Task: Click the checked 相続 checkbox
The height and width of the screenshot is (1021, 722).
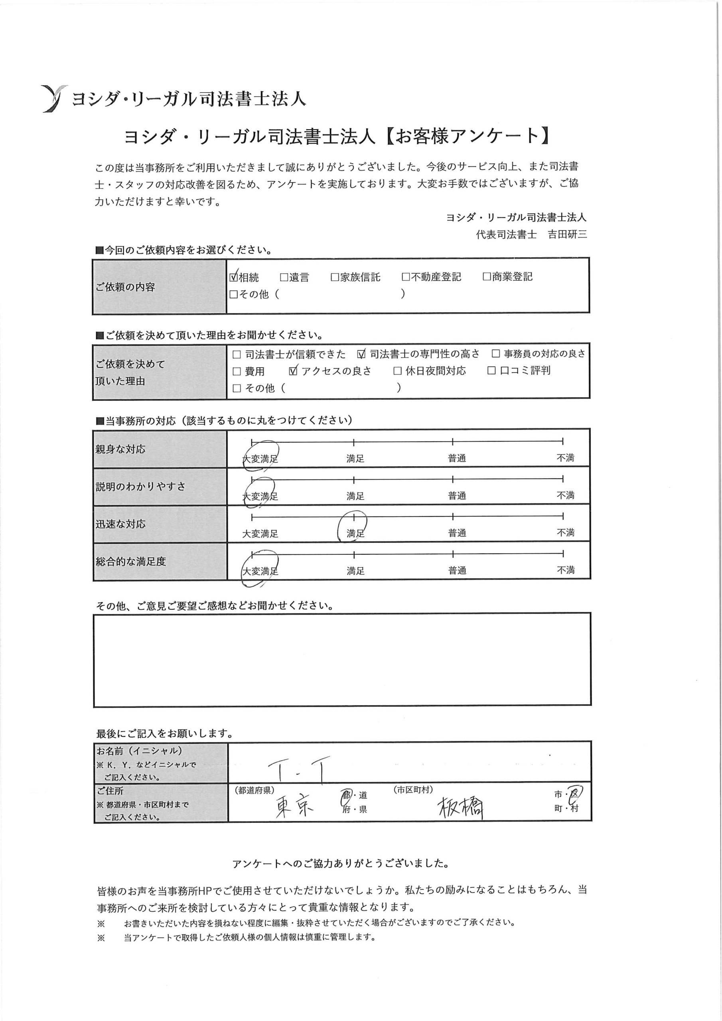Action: [233, 277]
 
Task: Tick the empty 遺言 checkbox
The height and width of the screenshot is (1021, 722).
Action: [284, 278]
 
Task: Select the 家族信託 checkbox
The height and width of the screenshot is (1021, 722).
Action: [335, 278]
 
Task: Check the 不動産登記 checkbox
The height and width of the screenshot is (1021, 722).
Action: [405, 277]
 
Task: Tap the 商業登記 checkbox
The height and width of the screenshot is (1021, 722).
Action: [487, 277]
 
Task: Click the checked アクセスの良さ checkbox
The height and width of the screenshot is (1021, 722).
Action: [293, 371]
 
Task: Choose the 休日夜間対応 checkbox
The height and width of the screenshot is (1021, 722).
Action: [397, 371]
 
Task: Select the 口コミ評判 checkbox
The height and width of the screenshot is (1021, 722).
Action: [491, 371]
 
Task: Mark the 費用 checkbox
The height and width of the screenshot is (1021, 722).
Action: [237, 371]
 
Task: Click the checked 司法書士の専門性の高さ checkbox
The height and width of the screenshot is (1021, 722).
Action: [361, 354]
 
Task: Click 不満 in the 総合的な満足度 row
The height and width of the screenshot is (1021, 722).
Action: [565, 570]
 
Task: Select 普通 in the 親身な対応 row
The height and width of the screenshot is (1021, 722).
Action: [456, 458]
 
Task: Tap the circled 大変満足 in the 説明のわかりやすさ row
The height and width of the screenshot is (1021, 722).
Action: [260, 495]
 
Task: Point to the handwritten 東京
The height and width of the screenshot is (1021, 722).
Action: [294, 806]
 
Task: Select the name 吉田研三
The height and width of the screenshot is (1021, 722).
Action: [567, 235]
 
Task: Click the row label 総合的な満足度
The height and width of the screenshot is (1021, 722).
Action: [130, 561]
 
